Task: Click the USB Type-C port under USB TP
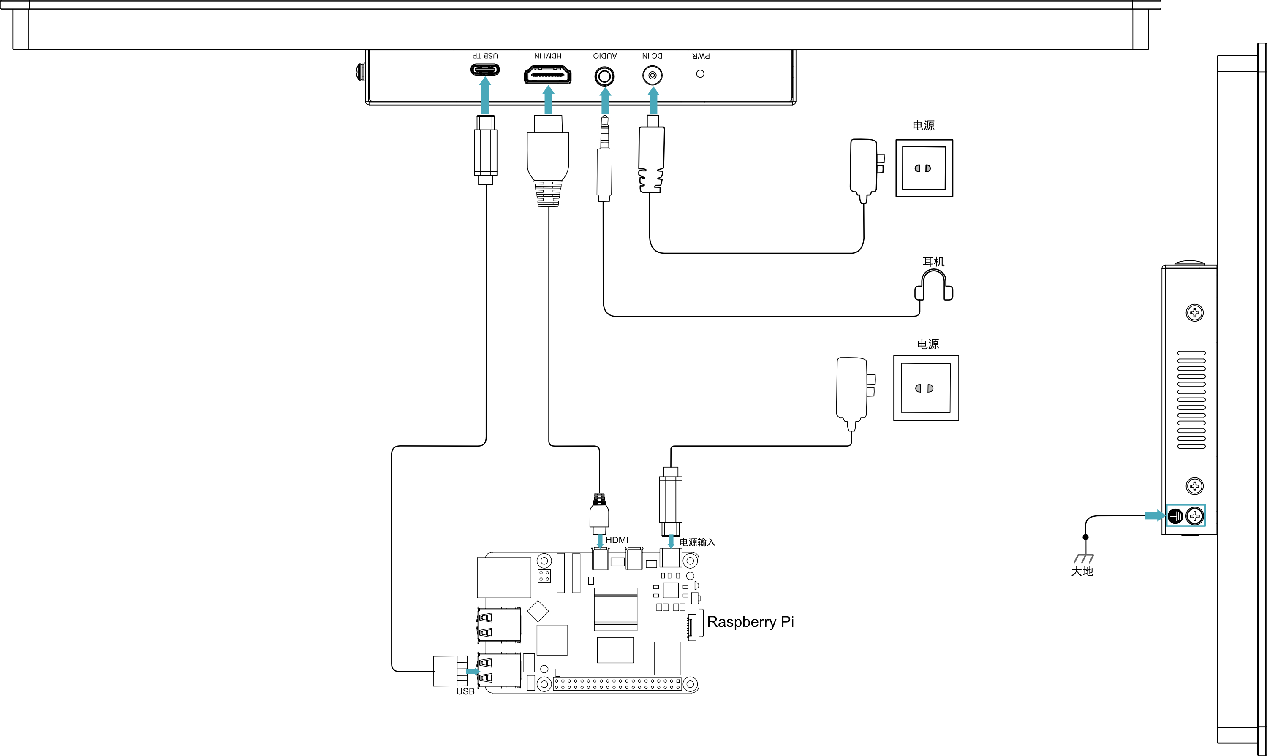tap(485, 69)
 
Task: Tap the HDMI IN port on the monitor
tap(548, 76)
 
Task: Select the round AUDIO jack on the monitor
tap(604, 77)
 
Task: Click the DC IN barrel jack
tap(653, 76)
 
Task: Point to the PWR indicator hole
tap(700, 74)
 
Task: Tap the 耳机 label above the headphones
tap(934, 261)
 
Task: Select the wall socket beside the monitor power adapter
tap(924, 168)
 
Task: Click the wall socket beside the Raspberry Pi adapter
tap(926, 388)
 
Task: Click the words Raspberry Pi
tap(750, 622)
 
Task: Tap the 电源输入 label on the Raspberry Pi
tap(697, 542)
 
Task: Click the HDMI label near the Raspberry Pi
tap(617, 540)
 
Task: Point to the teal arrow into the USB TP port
tap(485, 95)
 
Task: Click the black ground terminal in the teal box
tap(1175, 517)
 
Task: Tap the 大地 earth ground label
tap(1082, 571)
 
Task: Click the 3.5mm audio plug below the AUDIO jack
tap(604, 158)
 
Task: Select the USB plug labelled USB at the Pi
tap(450, 671)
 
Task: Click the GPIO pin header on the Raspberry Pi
tap(617, 684)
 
